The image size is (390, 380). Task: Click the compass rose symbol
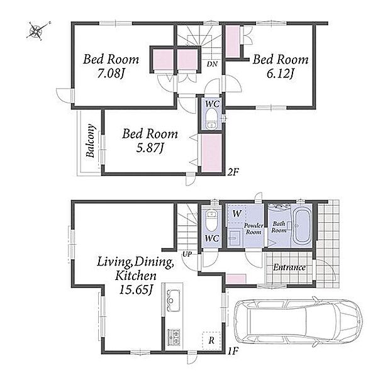coord(38,30)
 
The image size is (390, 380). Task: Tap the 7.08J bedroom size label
coord(111,74)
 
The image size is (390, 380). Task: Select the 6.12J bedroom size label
coord(281,74)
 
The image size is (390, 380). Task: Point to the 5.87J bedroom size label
coord(150,148)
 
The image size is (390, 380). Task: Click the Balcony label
coord(90,141)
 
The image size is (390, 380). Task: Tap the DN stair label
coord(212,64)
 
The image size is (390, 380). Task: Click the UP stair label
coord(187,254)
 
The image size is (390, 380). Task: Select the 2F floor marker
coord(233,172)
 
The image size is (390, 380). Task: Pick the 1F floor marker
coord(233,351)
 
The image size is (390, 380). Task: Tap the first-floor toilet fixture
coord(211,221)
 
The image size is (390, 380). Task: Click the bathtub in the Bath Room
coord(302,226)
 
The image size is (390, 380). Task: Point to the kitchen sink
coord(172,300)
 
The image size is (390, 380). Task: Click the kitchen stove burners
coord(174,337)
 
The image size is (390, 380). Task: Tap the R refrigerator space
coord(211,340)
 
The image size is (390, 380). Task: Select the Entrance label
coord(289,267)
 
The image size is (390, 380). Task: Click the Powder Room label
coord(253,229)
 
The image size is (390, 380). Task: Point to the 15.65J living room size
coord(136,290)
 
